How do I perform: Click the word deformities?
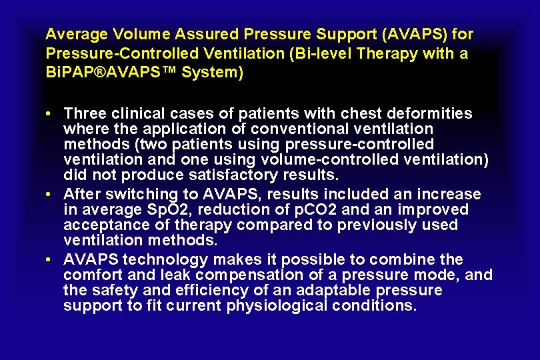pyautogui.click(x=431, y=113)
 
